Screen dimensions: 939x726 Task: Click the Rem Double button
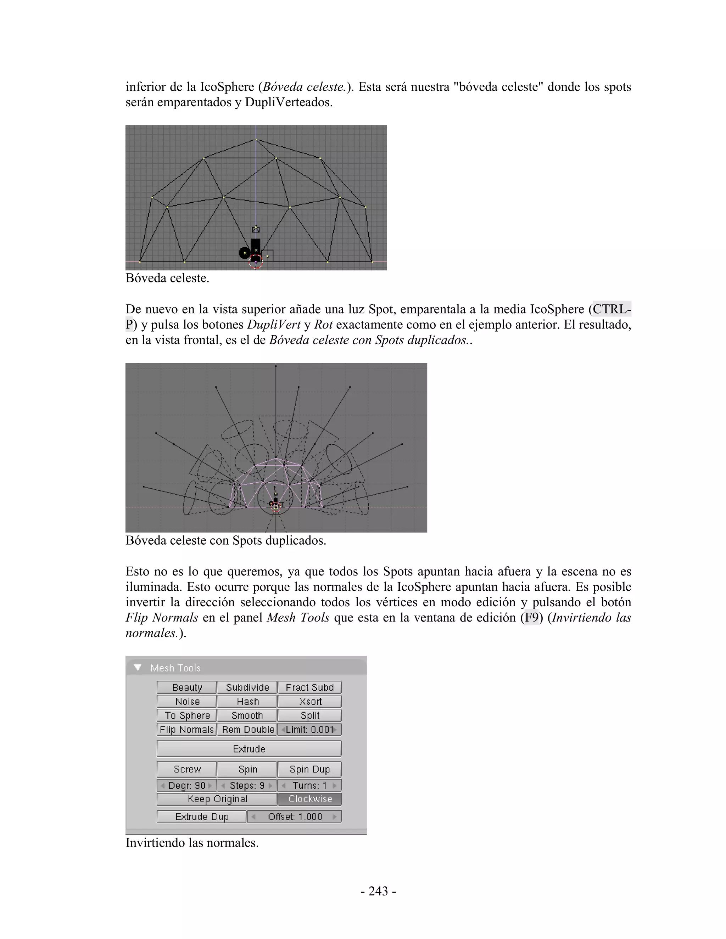coord(247,730)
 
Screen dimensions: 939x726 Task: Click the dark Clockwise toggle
coord(310,799)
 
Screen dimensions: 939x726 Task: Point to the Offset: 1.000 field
coord(295,816)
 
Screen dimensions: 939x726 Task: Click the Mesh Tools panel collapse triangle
coord(138,668)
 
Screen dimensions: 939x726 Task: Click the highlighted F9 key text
coord(532,617)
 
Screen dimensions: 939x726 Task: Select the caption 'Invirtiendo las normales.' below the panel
coord(192,842)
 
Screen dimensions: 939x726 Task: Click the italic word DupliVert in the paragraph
coord(274,325)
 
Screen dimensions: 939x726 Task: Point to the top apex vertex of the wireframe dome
coord(256,139)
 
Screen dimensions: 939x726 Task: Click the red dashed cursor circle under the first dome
coord(256,262)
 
